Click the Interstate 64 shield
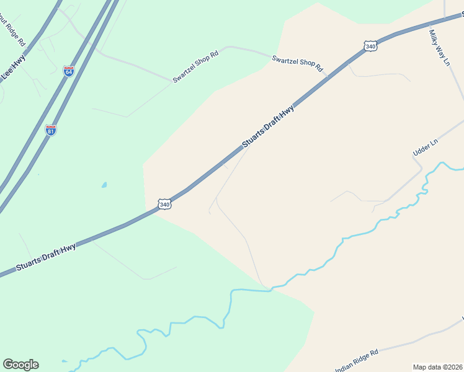coord(68,71)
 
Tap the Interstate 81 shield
coord(51,130)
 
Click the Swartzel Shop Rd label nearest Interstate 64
coord(196,68)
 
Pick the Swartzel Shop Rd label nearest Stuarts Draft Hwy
coord(298,63)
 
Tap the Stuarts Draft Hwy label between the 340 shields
coord(268,126)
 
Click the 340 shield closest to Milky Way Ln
coord(370,46)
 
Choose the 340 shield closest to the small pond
coord(164,204)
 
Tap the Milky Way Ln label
coord(439,46)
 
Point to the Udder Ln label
coord(426,147)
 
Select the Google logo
coord(20,365)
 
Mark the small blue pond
coord(104,185)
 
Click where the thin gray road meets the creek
coord(267,288)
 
